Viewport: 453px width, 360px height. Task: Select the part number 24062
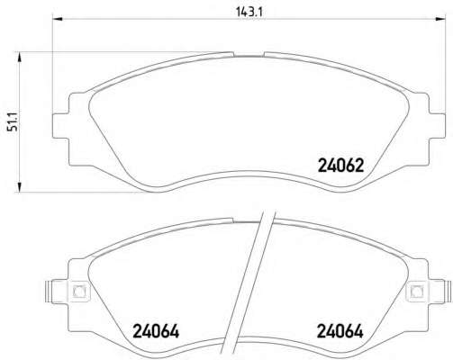(340, 166)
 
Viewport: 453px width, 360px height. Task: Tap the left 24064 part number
(156, 331)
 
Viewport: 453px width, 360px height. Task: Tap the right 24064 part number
(340, 331)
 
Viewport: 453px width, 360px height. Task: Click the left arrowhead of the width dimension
(57, 19)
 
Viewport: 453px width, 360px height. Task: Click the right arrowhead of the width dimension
(439, 19)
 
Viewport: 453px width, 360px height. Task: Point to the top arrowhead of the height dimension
(19, 57)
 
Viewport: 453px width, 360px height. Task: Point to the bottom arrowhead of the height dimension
(19, 186)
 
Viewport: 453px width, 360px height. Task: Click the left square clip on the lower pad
(79, 291)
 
